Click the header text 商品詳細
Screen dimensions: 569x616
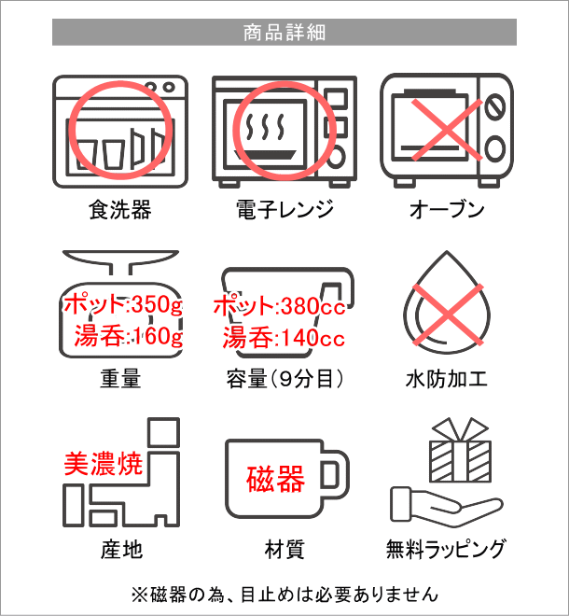pos(284,33)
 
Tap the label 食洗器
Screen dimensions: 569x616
pos(120,209)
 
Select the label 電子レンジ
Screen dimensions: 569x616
pos(284,209)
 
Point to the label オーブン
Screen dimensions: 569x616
pos(447,209)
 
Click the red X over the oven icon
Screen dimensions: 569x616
pos(447,129)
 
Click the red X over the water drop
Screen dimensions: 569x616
pos(447,315)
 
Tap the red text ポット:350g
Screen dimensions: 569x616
pos(123,304)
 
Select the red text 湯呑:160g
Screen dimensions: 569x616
pos(129,336)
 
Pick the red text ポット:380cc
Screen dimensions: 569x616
pos(280,305)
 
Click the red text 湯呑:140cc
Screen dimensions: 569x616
pos(284,338)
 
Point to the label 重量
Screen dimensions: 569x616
pos(120,379)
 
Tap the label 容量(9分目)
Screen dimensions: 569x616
pos(284,379)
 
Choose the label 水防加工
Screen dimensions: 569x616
pos(447,379)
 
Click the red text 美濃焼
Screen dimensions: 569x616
pos(104,464)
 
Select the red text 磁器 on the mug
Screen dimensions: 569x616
pos(276,479)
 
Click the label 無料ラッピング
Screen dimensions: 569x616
pos(445,549)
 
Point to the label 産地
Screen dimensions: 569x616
pos(121,549)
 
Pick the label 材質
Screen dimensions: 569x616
pos(284,549)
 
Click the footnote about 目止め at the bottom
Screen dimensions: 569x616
pos(284,595)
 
